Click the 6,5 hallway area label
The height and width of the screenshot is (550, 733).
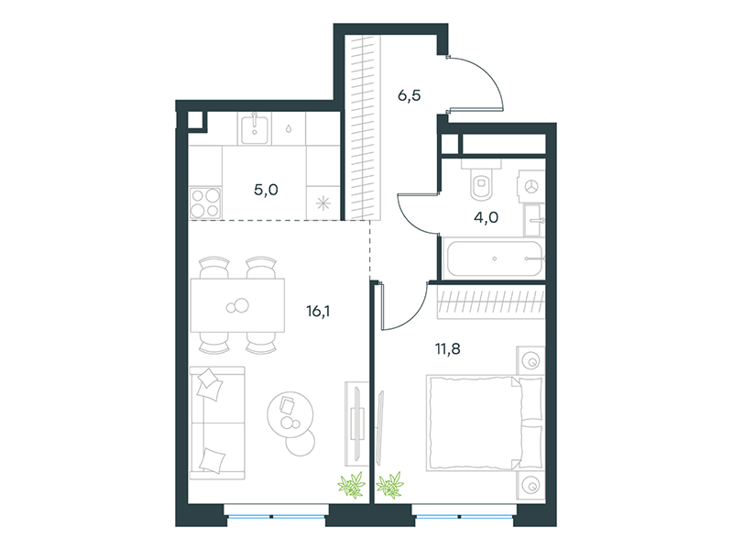(x=409, y=95)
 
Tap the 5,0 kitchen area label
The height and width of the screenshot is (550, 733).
(x=266, y=190)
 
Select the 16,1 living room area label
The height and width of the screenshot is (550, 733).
(x=318, y=311)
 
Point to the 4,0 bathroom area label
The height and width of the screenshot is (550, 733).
(x=487, y=217)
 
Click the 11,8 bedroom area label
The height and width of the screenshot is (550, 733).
(x=448, y=349)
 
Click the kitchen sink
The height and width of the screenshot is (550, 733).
(x=255, y=128)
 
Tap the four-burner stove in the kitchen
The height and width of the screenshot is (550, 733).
(x=205, y=203)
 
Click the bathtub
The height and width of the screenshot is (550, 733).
(x=495, y=258)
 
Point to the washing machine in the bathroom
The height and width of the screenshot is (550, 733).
(x=531, y=186)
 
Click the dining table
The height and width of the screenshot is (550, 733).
(x=237, y=305)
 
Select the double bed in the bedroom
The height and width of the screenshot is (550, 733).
(x=485, y=423)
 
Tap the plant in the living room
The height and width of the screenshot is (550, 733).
(x=352, y=485)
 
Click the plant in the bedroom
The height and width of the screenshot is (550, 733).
(x=390, y=485)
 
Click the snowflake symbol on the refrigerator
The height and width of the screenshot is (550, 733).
(x=323, y=203)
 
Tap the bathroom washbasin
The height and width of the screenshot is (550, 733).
(x=533, y=220)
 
